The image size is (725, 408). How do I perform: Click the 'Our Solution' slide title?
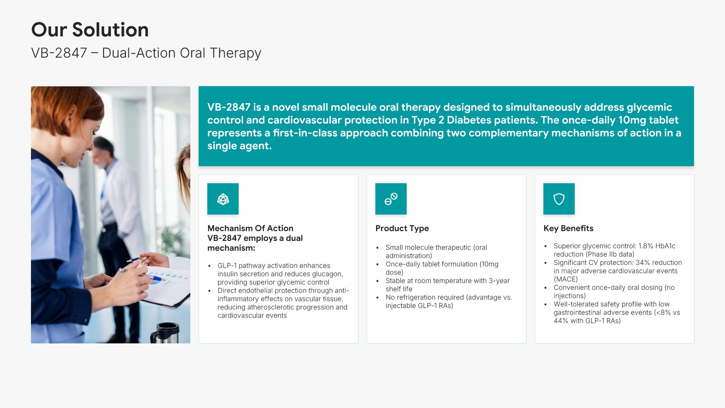coord(90,29)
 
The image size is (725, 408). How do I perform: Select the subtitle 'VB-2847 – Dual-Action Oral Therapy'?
coord(146,53)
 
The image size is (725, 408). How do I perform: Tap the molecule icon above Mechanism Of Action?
coord(223,199)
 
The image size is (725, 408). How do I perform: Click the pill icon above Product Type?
coord(391,199)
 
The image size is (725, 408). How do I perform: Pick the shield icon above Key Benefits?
coord(559,199)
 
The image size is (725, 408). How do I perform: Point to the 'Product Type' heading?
coord(402,228)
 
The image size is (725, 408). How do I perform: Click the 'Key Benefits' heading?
coord(568,228)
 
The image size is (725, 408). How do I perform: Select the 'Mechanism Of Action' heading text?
coord(250,228)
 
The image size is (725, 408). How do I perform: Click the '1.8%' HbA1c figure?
coord(646,246)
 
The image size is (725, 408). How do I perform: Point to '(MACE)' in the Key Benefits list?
coord(566,279)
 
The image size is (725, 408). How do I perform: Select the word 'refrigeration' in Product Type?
coord(420,297)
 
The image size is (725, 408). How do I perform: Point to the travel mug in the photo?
coord(165,333)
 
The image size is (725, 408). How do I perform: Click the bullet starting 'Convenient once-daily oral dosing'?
coord(614,292)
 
